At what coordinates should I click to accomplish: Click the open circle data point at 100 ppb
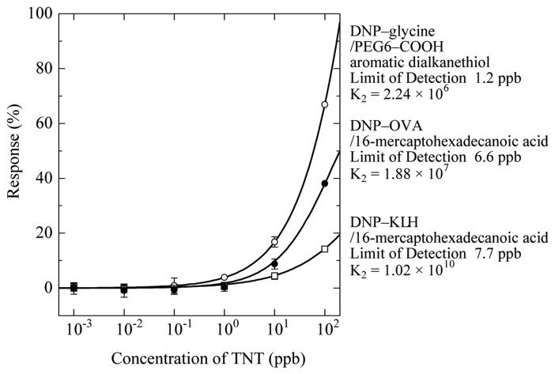click(x=324, y=104)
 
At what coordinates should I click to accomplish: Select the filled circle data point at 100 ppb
click(x=324, y=183)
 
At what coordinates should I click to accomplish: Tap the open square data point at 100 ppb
click(x=324, y=249)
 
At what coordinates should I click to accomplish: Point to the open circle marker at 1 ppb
click(x=225, y=278)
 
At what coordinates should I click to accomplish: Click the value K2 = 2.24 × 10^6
click(x=404, y=96)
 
